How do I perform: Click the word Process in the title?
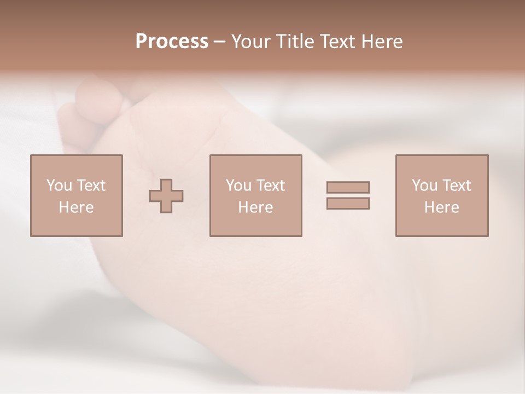click(x=172, y=42)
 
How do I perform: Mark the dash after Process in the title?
click(x=220, y=42)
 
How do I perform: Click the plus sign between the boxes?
click(x=166, y=196)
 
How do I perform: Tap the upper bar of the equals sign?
click(x=348, y=187)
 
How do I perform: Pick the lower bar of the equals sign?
click(x=348, y=203)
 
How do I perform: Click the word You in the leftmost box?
click(x=59, y=186)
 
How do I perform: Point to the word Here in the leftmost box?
click(x=76, y=207)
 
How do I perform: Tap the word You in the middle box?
click(x=238, y=186)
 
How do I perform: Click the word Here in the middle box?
click(x=255, y=207)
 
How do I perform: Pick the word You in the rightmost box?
click(x=424, y=186)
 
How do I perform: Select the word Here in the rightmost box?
click(x=441, y=207)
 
